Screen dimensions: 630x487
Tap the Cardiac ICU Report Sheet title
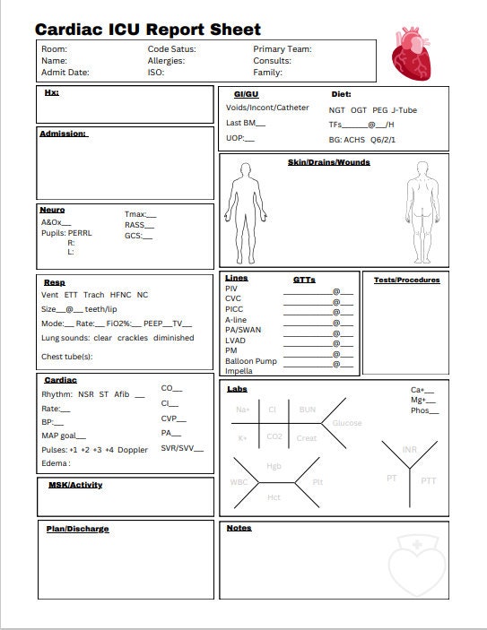[148, 30]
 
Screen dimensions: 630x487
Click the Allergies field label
[166, 61]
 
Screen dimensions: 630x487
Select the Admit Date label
[65, 73]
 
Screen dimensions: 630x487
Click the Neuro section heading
[52, 210]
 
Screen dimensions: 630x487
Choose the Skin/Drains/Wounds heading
[328, 162]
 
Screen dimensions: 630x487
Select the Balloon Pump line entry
[251, 361]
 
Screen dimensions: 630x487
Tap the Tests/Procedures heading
[406, 280]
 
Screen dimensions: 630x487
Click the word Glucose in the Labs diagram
[347, 423]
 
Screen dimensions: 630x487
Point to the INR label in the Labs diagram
[410, 449]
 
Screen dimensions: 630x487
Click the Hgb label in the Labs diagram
[274, 466]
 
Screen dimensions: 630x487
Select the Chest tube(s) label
[66, 357]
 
